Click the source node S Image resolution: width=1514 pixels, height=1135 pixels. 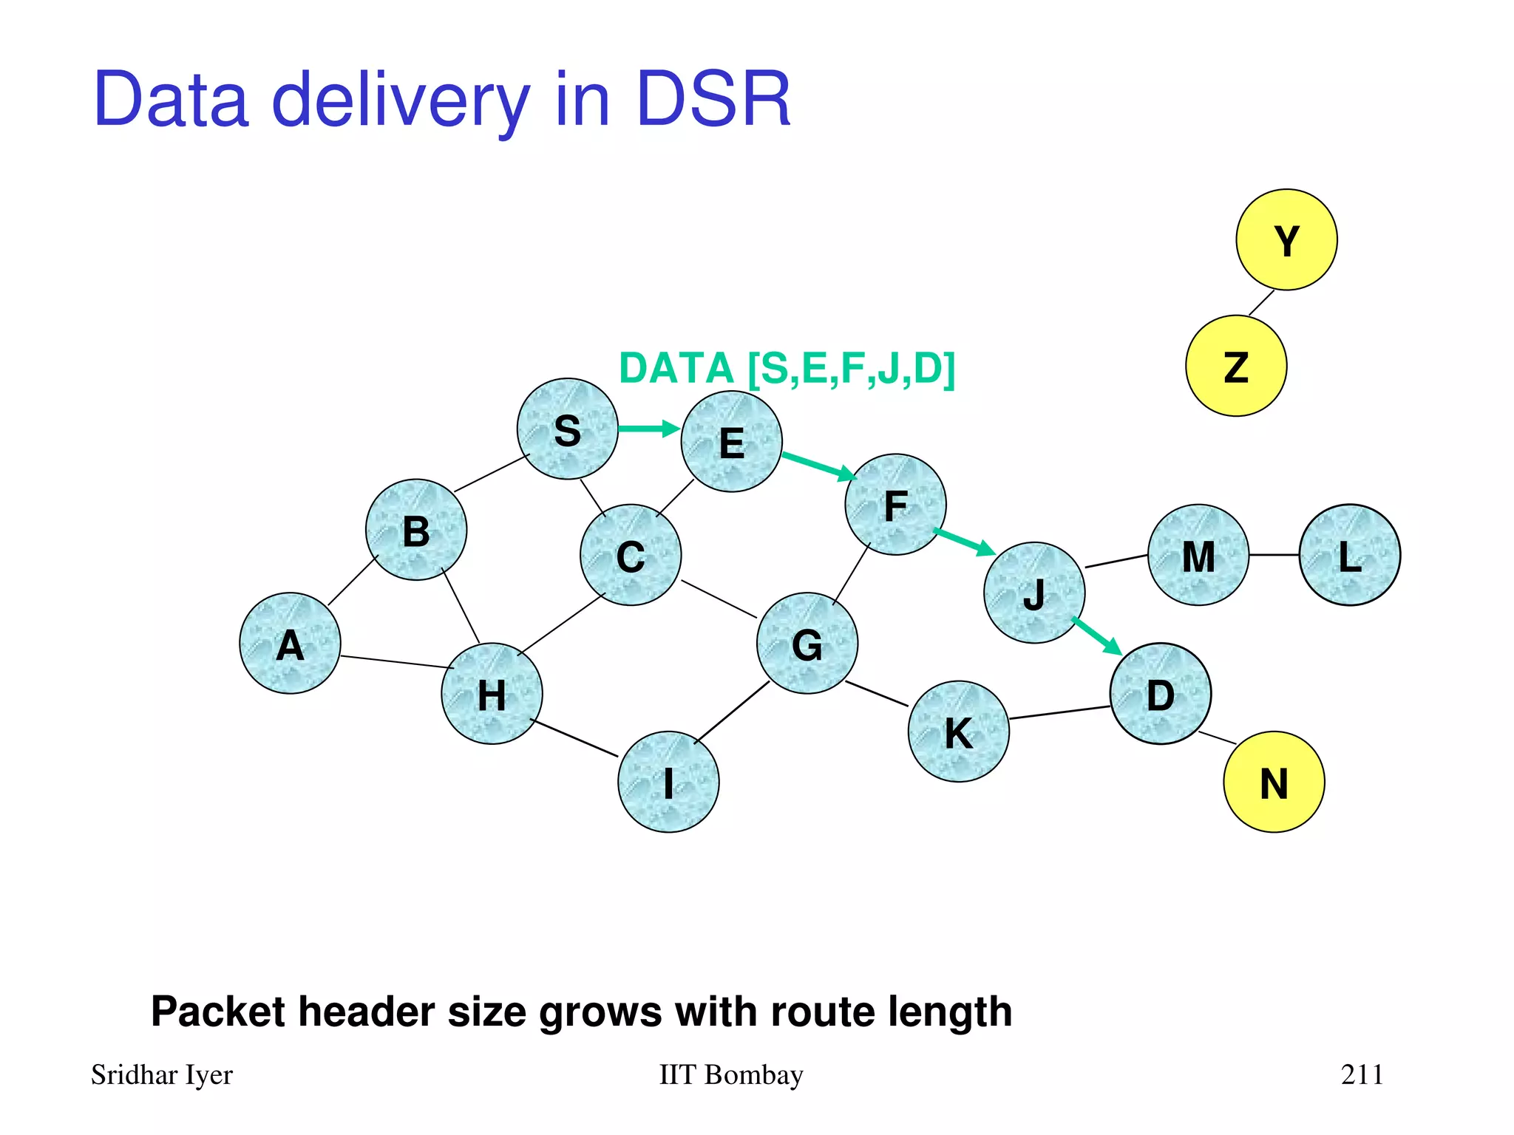click(x=567, y=429)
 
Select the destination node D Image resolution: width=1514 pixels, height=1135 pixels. click(x=1160, y=694)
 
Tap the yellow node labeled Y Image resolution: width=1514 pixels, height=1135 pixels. click(x=1286, y=240)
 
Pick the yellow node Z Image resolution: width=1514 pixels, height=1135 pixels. click(x=1236, y=366)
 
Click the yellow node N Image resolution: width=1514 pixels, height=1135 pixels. click(x=1274, y=782)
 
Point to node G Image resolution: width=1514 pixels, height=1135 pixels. click(x=807, y=644)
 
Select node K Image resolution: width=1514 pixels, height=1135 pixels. click(x=958, y=732)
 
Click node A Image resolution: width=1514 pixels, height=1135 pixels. click(x=291, y=644)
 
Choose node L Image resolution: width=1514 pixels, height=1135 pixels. click(x=1349, y=555)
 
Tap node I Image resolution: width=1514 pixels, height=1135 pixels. click(x=668, y=782)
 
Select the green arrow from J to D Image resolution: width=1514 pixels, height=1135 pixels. click(x=1097, y=636)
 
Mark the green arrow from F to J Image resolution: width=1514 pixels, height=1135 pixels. click(x=964, y=542)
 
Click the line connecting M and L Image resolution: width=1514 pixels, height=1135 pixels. click(x=1274, y=555)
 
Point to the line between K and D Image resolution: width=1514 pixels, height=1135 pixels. click(x=1059, y=712)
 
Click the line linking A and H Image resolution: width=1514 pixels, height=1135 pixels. click(x=397, y=662)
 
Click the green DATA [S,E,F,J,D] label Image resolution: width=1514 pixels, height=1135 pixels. click(x=787, y=369)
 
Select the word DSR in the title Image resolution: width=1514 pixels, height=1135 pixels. click(x=713, y=100)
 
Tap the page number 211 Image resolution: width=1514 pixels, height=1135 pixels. click(x=1362, y=1074)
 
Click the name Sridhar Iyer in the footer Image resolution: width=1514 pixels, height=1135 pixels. click(x=162, y=1075)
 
